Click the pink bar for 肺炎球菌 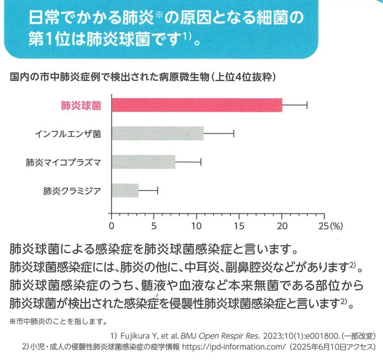click(x=197, y=105)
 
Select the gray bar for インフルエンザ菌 click(x=158, y=133)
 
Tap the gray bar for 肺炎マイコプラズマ click(x=143, y=162)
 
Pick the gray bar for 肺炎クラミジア click(x=125, y=190)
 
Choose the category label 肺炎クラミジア click(x=72, y=191)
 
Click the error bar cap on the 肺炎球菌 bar click(x=307, y=105)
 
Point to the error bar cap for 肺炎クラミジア click(x=158, y=190)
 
